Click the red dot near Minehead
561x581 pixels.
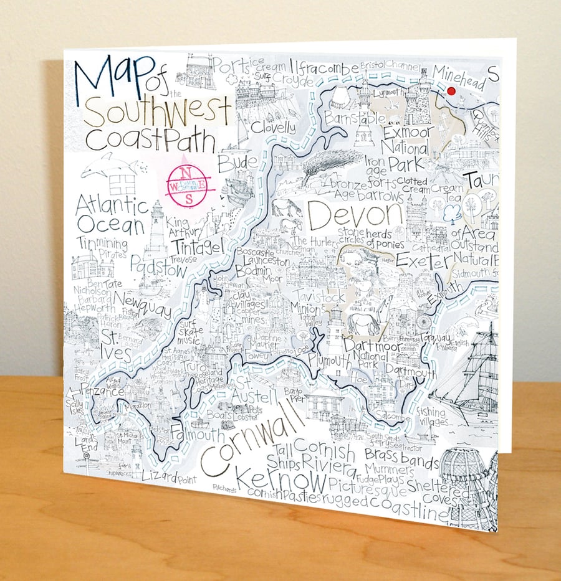pos(452,91)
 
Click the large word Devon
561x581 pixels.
pos(356,215)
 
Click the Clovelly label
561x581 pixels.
pos(273,128)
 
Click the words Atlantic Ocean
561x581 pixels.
pos(112,215)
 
